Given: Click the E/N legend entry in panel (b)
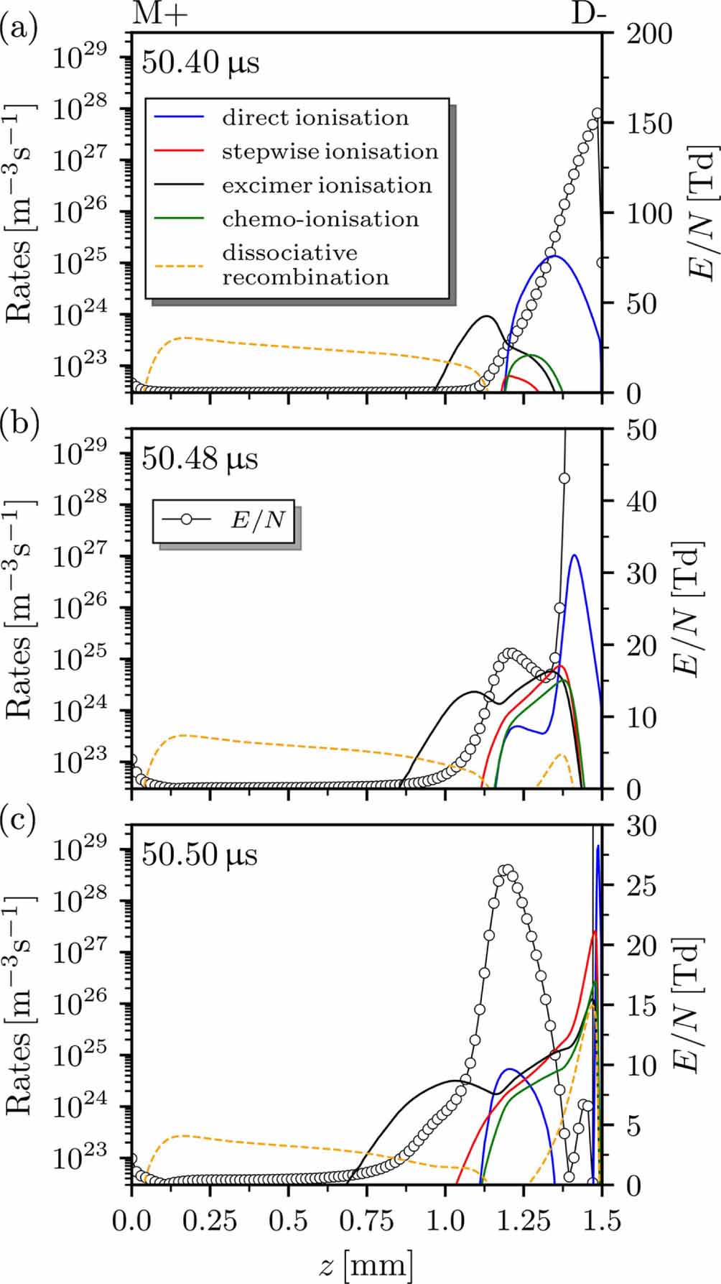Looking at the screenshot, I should [x=224, y=521].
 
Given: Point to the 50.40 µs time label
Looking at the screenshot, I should [x=200, y=63].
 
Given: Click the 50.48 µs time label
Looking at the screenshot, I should [x=200, y=458].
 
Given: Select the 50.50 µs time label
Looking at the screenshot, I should [x=200, y=855].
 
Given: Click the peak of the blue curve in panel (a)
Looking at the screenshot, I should [x=553, y=256].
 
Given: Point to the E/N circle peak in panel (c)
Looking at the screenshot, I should [x=507, y=870].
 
